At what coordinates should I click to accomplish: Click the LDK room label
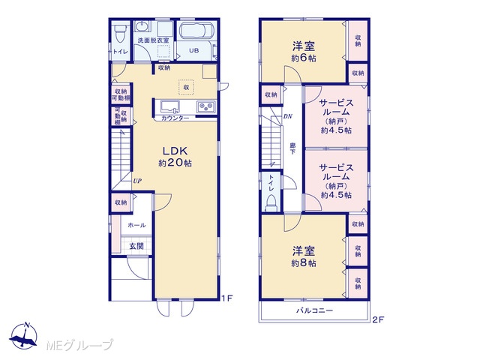pos(175,151)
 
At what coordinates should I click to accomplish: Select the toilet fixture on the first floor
pos(121,34)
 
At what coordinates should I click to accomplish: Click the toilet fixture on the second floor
pos(271,204)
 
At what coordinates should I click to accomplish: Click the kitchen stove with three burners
pos(206,106)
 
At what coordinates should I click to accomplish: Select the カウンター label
pos(175,118)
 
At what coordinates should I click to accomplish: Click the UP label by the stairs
pos(137,181)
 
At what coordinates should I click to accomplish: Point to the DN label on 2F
pos(287,116)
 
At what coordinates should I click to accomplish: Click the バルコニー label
pos(314,310)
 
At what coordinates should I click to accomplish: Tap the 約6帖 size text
pos(304,58)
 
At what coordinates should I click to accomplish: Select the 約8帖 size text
pos(304,263)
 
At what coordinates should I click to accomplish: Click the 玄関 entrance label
pos(136,246)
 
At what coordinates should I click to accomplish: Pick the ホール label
pos(136,225)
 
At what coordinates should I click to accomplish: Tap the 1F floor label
pos(227,298)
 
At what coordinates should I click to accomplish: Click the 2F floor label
pos(378,320)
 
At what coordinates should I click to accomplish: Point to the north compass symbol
pos(23,336)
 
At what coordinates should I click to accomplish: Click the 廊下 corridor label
pos(292,148)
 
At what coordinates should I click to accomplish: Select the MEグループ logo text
pos(79,345)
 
